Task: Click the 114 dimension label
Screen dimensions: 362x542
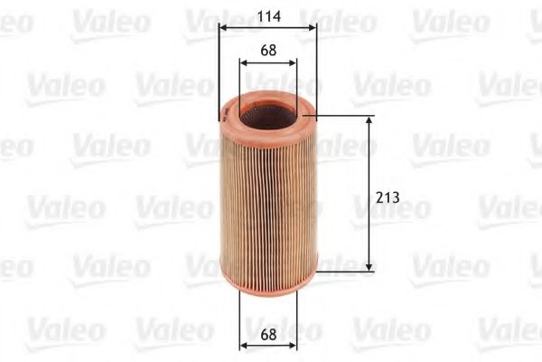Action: point(267,14)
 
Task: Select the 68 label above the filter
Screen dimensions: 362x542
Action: point(267,51)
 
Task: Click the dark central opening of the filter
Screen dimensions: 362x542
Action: point(267,115)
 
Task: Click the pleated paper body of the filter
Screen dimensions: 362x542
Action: point(267,199)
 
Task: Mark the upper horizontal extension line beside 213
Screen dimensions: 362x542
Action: point(348,116)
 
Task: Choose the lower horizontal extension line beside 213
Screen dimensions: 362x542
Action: point(348,269)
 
